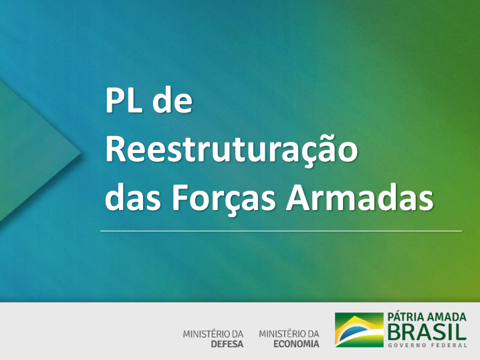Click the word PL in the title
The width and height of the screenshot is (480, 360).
(124, 100)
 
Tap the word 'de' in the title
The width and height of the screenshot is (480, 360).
(172, 100)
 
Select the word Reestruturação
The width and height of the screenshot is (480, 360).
(231, 150)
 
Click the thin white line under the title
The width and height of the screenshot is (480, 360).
(281, 231)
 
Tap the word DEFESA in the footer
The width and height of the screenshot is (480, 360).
(227, 344)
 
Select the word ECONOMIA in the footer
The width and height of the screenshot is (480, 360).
(296, 344)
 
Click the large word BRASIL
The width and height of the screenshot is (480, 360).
(427, 331)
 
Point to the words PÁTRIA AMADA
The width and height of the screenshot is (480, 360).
(427, 317)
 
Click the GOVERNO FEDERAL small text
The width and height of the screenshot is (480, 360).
(427, 345)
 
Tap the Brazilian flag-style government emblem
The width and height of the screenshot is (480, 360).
(359, 330)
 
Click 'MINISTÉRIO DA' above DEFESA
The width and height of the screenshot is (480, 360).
(213, 334)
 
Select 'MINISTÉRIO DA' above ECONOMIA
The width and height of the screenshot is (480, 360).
(289, 334)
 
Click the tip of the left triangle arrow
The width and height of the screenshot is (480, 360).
(80, 152)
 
